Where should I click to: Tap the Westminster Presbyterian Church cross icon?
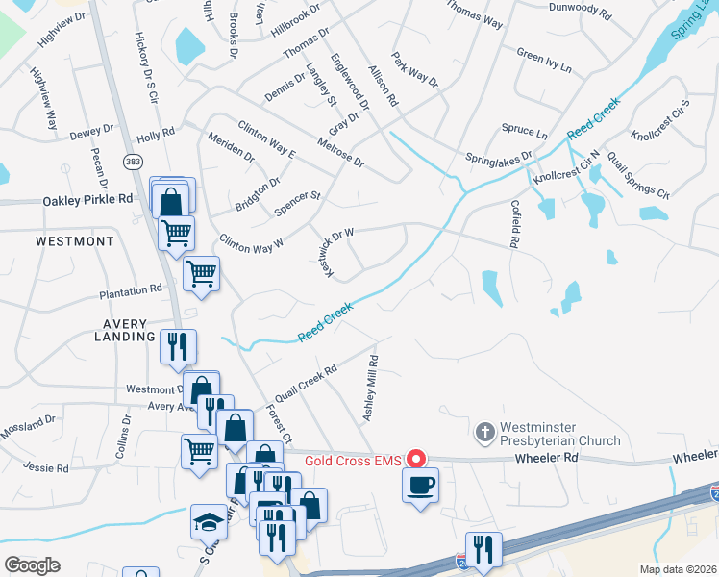tap(486, 430)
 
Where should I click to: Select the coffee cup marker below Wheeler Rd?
tap(420, 485)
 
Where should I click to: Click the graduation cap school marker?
tap(209, 522)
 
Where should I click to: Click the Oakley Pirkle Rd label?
tap(87, 200)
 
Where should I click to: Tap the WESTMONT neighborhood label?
tap(75, 241)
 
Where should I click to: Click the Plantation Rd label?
tap(130, 289)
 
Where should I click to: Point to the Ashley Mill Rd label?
tap(369, 388)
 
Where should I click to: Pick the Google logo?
tap(32, 565)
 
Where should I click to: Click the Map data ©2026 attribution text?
tap(677, 569)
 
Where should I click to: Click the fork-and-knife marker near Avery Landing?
tap(178, 346)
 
